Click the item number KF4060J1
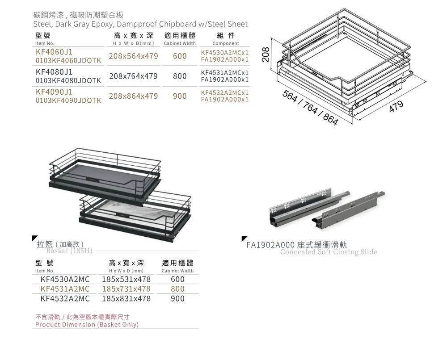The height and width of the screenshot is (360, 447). click(x=54, y=52)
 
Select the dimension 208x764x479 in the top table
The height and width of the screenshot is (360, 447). click(x=133, y=76)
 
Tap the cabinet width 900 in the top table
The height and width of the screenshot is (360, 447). click(x=180, y=96)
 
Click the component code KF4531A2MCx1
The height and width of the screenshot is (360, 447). click(x=225, y=73)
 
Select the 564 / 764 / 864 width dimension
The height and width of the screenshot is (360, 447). click(x=310, y=108)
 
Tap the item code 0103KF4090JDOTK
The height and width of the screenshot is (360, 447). click(x=68, y=100)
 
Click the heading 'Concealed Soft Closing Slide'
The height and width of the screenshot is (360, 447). click(x=329, y=252)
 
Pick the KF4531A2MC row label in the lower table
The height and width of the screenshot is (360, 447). click(x=65, y=289)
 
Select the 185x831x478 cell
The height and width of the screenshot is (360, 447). click(x=126, y=298)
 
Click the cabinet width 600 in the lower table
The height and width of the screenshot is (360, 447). click(x=177, y=280)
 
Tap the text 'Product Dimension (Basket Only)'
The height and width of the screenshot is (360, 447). click(x=87, y=325)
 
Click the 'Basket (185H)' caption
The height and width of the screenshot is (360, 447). click(x=69, y=251)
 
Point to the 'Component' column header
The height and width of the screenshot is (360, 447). click(x=225, y=44)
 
